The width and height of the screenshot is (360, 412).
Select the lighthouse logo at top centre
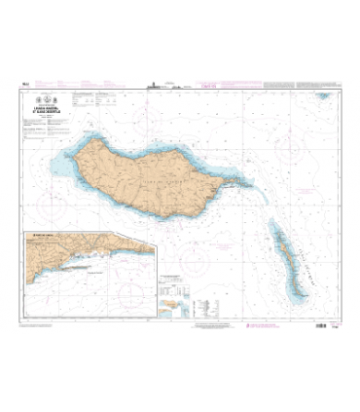point(179,85)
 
